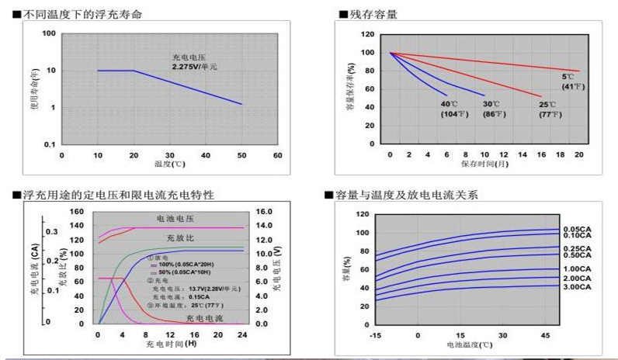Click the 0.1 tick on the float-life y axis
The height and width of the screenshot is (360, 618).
[49, 144]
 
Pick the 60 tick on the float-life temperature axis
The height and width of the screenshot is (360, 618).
[277, 156]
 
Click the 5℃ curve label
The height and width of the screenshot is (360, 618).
[568, 77]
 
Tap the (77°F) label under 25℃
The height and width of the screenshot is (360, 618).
[550, 114]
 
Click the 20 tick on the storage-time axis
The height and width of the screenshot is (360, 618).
[578, 155]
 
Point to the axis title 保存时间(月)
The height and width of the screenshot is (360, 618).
[484, 164]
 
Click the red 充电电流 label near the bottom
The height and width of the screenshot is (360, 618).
[204, 318]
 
